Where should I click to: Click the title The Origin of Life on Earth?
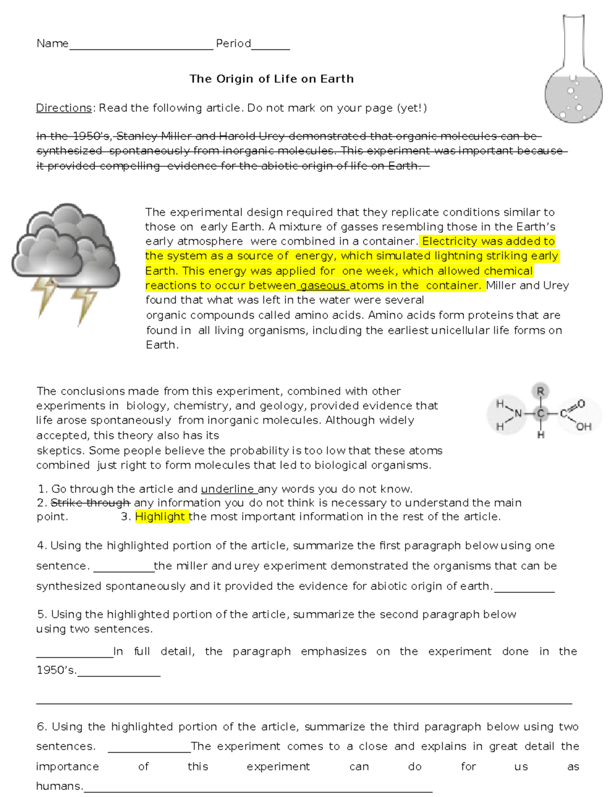271,79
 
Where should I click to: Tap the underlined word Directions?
64,108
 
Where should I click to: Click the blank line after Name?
141,45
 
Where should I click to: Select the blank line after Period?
271,45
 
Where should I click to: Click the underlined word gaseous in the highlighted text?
323,285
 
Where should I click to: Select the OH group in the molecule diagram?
584,426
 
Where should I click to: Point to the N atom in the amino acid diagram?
518,413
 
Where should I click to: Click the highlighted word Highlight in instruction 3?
160,517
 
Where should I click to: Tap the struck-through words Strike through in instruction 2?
91,503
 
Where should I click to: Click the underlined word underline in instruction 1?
227,489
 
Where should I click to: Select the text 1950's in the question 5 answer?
56,670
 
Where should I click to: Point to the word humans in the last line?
58,786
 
